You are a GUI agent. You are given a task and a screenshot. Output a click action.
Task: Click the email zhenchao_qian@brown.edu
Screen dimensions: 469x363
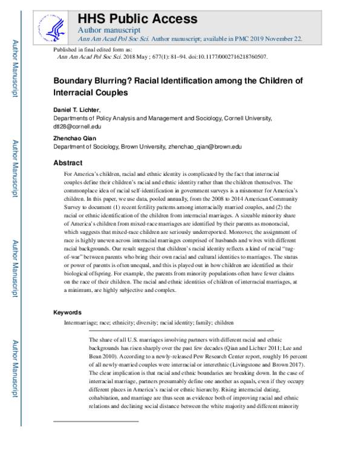point(204,146)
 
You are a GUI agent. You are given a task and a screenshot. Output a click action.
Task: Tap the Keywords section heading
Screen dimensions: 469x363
point(70,312)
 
